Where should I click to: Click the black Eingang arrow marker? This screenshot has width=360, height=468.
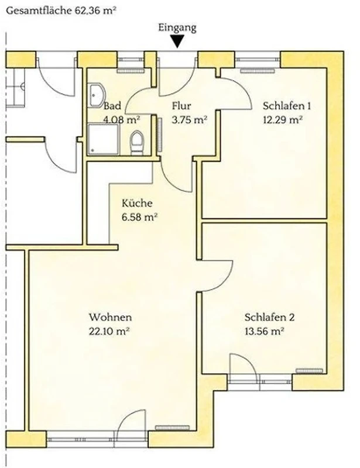point(178,42)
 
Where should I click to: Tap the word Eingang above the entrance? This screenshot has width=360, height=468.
point(177,27)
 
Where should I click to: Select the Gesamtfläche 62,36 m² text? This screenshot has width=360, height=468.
point(61,11)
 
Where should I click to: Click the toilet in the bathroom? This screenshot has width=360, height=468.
point(137,142)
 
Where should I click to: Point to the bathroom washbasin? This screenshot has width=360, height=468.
point(96,95)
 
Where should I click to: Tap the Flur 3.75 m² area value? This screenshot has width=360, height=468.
point(190,120)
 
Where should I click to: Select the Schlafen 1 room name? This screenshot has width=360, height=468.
point(287,106)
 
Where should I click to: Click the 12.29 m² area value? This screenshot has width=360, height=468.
point(283,120)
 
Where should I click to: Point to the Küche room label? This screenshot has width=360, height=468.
point(137,203)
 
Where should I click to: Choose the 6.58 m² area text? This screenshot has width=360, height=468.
point(139,217)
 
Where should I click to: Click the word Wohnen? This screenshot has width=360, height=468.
point(110,317)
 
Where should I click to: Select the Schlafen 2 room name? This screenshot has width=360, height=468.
point(269,317)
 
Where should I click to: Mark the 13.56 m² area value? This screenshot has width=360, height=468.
point(264,331)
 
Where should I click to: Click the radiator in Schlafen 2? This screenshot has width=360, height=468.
point(309,371)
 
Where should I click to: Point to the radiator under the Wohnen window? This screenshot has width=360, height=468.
point(172,428)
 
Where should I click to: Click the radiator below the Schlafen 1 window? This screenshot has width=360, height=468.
point(258,71)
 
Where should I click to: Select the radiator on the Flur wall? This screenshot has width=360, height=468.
point(160,135)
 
